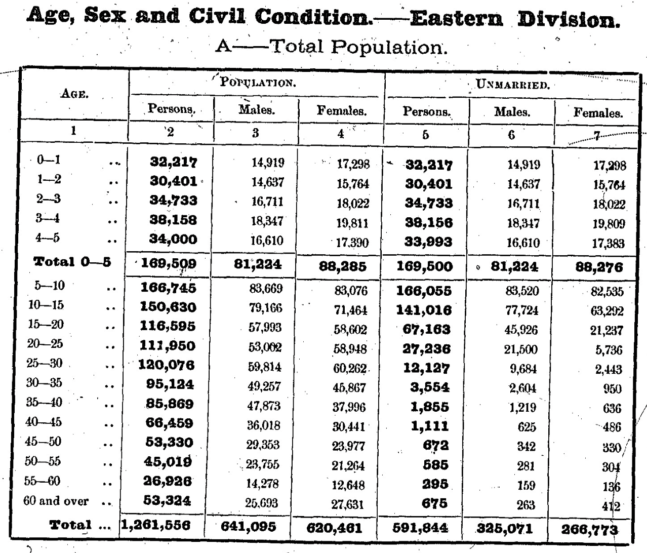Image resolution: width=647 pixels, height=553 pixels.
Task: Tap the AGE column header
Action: [x=74, y=93]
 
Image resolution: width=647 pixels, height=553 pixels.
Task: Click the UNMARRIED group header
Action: [x=512, y=85]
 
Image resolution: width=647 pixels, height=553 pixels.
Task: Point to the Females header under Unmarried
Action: [x=597, y=112]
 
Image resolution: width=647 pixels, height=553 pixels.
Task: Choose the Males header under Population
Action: [x=256, y=109]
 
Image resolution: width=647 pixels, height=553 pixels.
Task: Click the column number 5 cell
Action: [x=425, y=134]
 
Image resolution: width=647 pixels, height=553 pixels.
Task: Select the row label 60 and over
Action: [x=56, y=501]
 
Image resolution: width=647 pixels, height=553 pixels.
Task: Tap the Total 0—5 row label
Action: [x=72, y=262]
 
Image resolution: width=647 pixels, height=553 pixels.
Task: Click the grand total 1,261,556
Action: [x=155, y=526]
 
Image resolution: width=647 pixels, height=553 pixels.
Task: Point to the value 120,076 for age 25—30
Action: [x=167, y=365]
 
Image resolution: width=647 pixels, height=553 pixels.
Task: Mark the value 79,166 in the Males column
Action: [x=265, y=308]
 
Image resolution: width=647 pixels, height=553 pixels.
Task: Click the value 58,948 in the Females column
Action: [x=349, y=348]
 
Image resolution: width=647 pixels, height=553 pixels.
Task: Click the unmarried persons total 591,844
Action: [x=420, y=528]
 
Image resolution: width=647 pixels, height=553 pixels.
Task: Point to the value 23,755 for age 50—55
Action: [x=262, y=464]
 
